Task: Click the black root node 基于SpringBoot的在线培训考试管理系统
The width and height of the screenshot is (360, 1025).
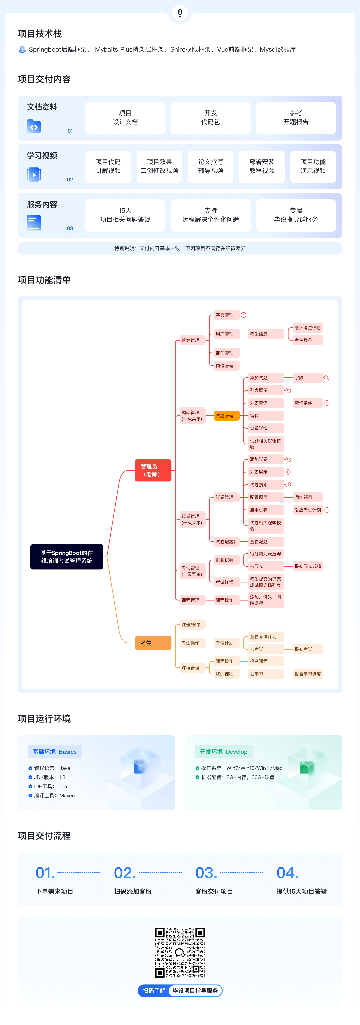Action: (x=66, y=557)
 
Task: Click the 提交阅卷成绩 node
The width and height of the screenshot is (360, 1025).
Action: (x=307, y=566)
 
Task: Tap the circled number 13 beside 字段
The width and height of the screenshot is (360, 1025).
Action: (x=327, y=378)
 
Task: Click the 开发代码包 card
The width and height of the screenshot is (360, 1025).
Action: (x=210, y=118)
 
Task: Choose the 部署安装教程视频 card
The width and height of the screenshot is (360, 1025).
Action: (x=262, y=166)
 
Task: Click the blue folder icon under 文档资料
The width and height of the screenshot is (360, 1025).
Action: (x=34, y=126)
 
